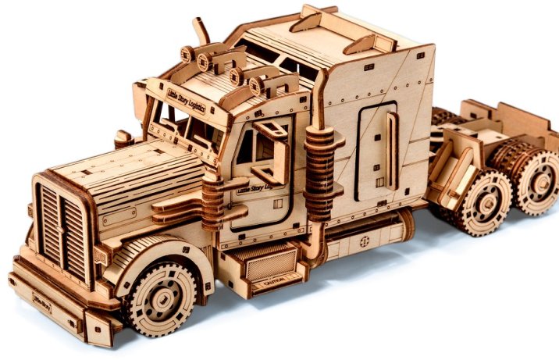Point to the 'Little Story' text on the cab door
235,186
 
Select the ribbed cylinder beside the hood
212,201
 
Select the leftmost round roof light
187,54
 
